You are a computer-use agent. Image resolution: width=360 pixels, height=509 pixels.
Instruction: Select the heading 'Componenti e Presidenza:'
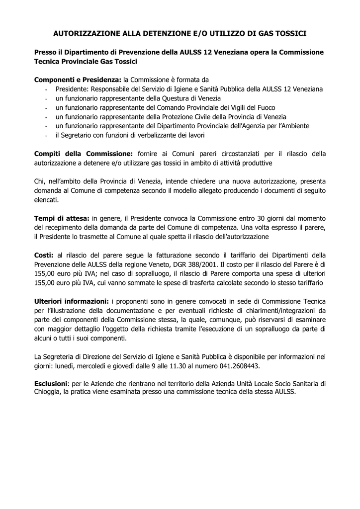pyautogui.click(x=78, y=80)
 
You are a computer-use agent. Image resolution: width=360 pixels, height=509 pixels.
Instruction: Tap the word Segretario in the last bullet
pyautogui.click(x=78, y=135)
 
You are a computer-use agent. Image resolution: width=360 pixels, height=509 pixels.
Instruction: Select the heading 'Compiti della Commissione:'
pyautogui.click(x=84, y=154)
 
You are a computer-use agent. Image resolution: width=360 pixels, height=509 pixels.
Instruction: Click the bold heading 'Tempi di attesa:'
pyautogui.click(x=62, y=219)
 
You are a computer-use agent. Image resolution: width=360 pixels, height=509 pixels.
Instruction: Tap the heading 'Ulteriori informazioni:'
pyautogui.click(x=71, y=301)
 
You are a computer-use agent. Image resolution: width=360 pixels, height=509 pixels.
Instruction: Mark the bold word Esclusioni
pyautogui.click(x=51, y=384)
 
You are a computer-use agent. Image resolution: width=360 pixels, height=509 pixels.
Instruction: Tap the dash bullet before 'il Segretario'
pyautogui.click(x=46, y=136)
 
